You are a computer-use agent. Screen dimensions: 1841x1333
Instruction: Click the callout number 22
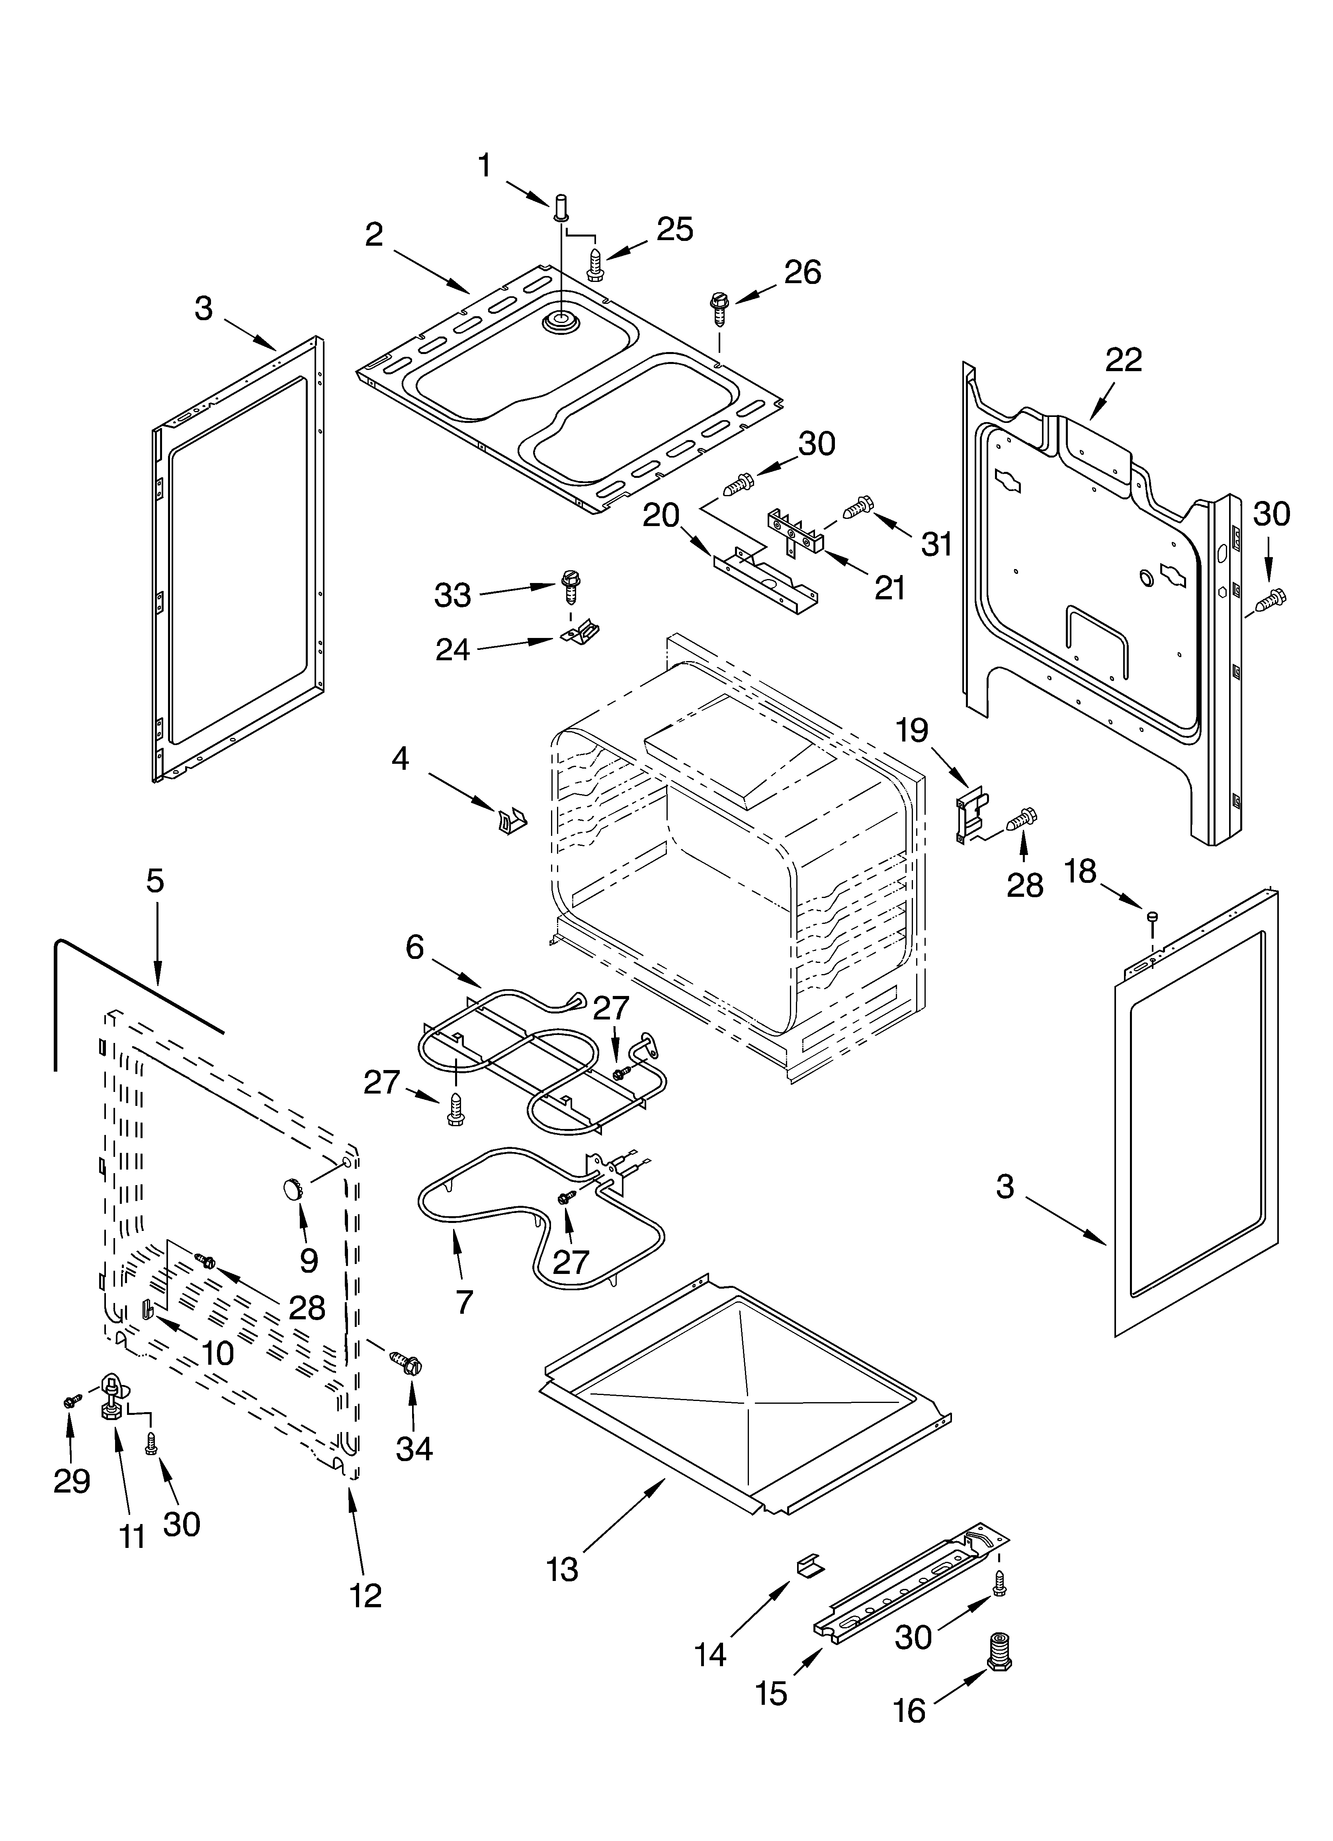tap(1124, 360)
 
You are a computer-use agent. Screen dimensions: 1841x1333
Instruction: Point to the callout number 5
tap(155, 881)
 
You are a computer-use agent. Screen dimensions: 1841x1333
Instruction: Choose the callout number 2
tap(373, 235)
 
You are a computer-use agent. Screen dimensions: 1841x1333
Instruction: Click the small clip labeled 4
tap(512, 822)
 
